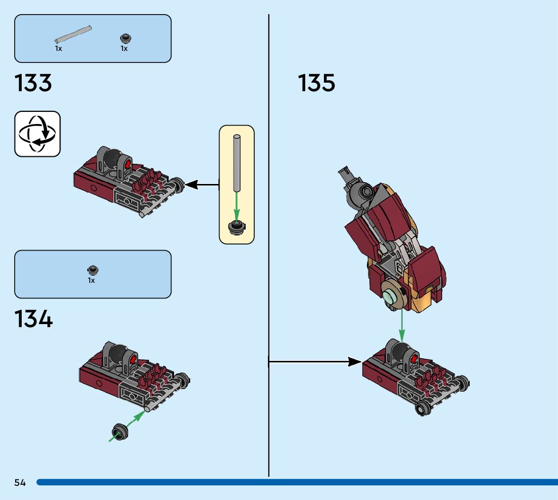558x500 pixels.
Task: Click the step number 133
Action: coord(33,83)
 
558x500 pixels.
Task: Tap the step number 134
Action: coord(33,319)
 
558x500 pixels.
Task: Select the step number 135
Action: coord(316,83)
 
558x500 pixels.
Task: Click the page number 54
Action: coord(20,482)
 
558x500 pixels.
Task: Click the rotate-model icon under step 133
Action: coord(37,134)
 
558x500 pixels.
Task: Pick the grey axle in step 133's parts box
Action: coord(73,34)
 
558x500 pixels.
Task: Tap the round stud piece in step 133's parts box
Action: coord(125,38)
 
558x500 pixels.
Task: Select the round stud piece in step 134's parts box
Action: coord(92,270)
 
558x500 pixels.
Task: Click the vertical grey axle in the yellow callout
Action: coord(237,164)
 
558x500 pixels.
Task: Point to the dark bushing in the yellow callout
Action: coord(237,227)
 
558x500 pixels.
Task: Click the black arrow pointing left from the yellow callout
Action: coord(202,184)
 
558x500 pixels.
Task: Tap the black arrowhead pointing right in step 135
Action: coord(354,362)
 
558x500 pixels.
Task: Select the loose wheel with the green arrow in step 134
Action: coord(120,432)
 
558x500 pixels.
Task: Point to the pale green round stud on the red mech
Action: coord(392,296)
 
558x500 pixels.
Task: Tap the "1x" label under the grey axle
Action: coord(59,48)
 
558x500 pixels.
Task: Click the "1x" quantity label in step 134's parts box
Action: coord(91,280)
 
